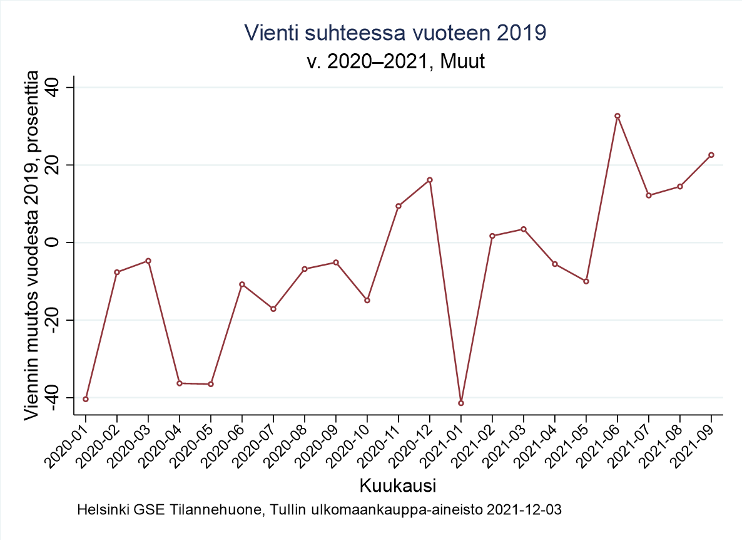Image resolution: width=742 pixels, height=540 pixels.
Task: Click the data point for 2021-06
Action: click(x=617, y=116)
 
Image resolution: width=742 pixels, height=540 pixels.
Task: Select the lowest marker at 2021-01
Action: click(x=461, y=403)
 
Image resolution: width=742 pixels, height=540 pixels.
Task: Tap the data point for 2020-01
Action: click(x=86, y=399)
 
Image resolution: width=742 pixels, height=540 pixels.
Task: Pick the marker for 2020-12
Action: click(x=430, y=180)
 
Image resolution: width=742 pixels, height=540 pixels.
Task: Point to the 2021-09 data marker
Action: click(x=711, y=155)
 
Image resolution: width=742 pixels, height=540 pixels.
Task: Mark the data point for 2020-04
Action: click(x=180, y=383)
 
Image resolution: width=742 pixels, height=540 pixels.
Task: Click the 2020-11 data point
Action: click(x=399, y=206)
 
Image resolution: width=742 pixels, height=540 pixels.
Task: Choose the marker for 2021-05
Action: click(x=586, y=281)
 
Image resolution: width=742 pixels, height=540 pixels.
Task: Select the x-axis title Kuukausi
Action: click(x=397, y=485)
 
